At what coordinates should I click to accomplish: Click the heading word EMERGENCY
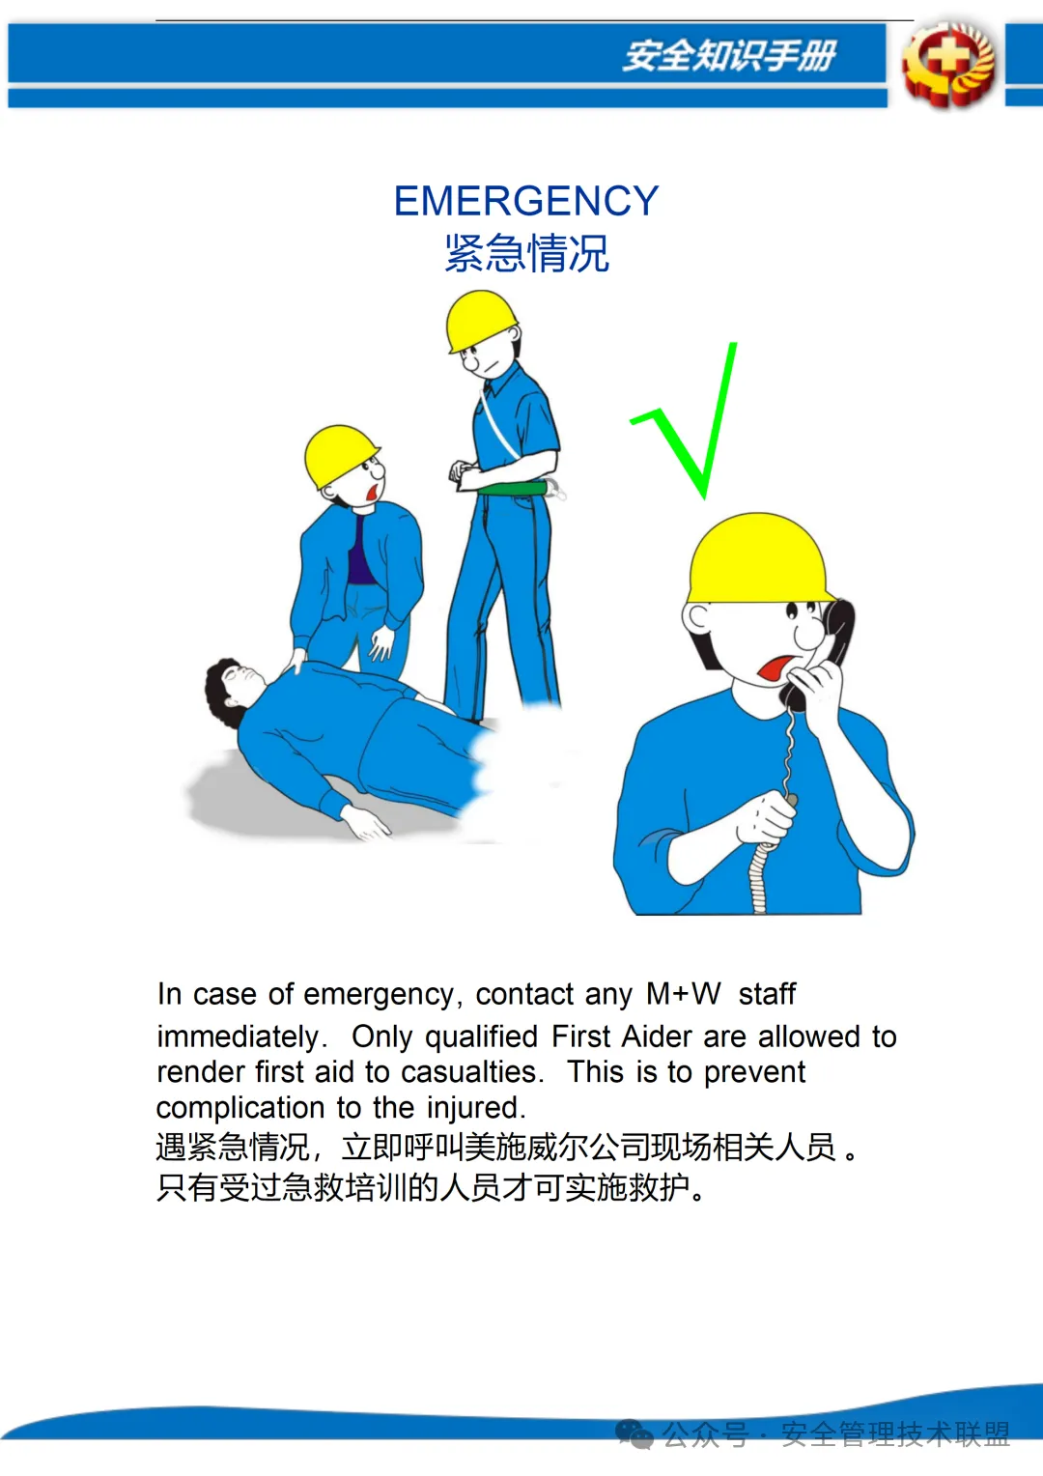point(525,200)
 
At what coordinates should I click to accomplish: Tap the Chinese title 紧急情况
point(526,253)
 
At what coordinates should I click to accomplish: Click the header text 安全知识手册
point(729,55)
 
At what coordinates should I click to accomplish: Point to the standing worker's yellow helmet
point(481,321)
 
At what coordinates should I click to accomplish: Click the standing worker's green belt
point(514,489)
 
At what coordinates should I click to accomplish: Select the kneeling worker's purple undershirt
point(360,551)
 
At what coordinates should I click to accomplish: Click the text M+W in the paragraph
point(683,993)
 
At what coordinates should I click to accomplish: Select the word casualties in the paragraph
point(472,1071)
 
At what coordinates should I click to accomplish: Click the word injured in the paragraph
point(476,1108)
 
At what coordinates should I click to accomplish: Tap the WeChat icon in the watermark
point(634,1433)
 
